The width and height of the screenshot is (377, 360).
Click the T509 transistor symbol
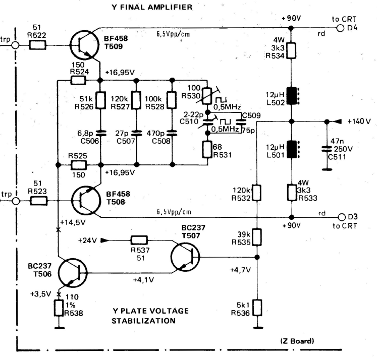pos(84,45)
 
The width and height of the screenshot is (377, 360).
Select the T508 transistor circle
pos(86,201)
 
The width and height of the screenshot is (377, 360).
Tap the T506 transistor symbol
pos(73,273)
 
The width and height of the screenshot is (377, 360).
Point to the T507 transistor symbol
pos(185,257)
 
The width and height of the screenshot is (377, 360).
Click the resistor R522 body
pos(37,45)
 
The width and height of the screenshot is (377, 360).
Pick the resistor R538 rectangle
pos(59,308)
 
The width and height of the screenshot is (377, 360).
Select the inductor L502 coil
pos(292,96)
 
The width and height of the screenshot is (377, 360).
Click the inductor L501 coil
pos(292,149)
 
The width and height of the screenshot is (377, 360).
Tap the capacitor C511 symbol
pos(327,149)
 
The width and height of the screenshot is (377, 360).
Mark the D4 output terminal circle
pos(340,28)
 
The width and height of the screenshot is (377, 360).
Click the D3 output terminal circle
pos(342,217)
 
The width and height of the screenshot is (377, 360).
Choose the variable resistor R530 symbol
pos(207,96)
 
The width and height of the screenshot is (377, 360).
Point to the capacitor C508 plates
pos(172,133)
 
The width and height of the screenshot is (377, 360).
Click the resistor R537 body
pos(139,240)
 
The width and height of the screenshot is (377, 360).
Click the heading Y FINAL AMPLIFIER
pos(152,7)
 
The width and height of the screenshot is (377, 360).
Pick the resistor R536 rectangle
pos(257,308)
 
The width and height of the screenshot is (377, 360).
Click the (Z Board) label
pos(297,341)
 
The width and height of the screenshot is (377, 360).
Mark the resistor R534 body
pos(291,51)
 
